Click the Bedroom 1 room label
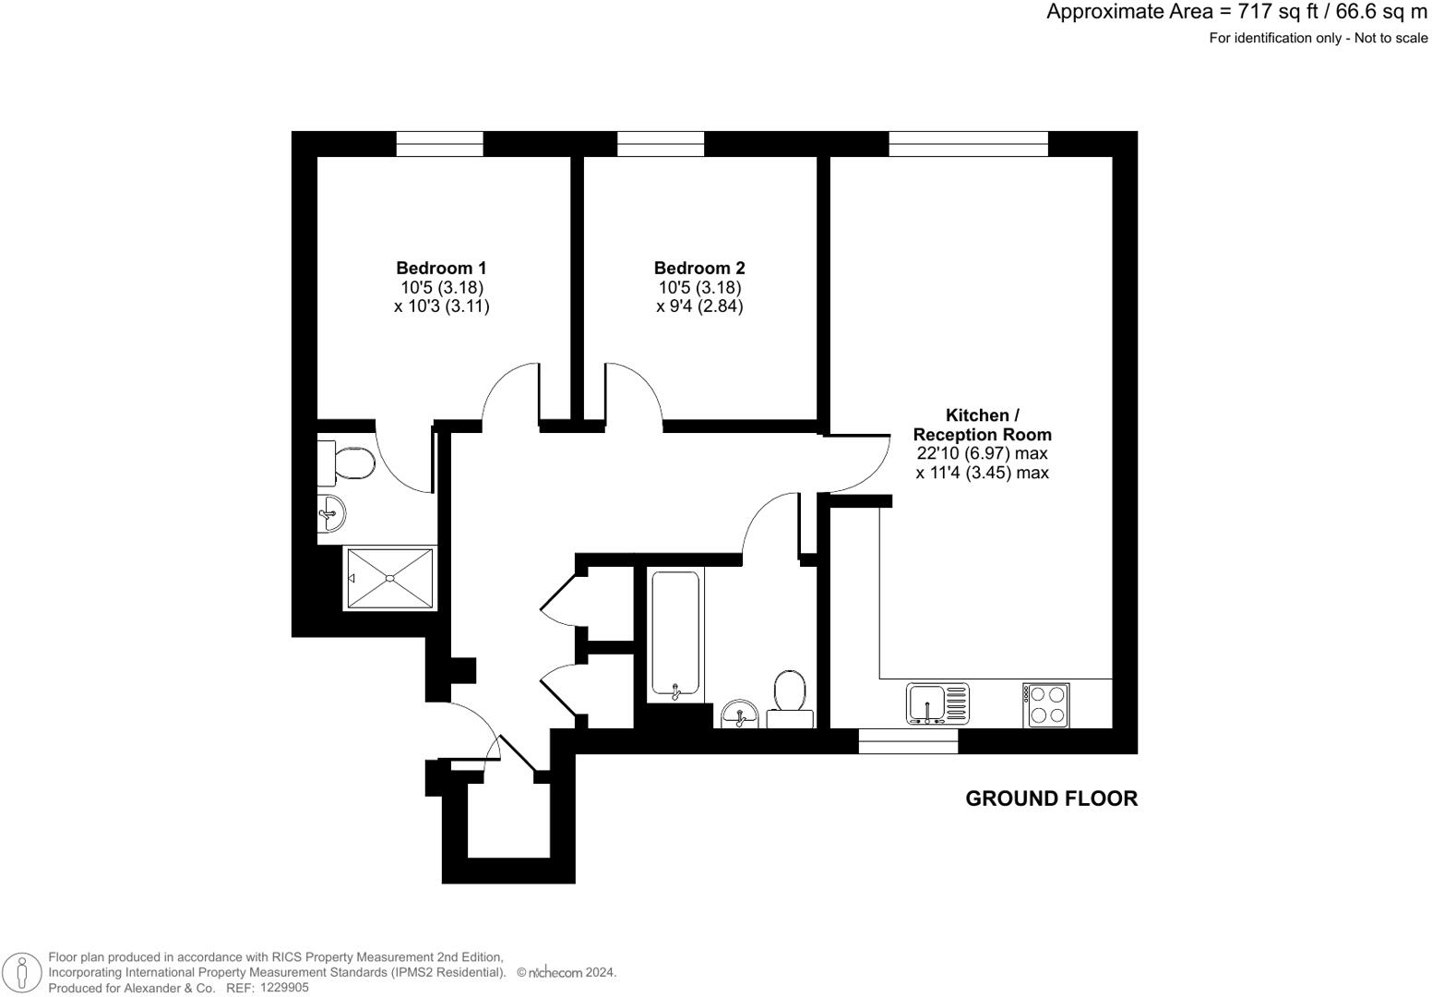pos(441,268)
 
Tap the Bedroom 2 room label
pos(699,268)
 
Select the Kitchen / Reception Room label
pos(982,425)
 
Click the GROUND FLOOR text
pos(1051,799)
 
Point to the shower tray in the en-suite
pos(389,579)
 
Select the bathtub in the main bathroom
pos(675,633)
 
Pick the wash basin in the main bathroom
pos(740,714)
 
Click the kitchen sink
pos(938,703)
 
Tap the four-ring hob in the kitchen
pos(1045,703)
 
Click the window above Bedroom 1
pos(440,143)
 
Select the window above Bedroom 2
pos(661,143)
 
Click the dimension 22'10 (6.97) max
pos(982,453)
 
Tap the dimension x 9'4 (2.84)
pos(699,306)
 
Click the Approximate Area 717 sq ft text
pos(1236,12)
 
